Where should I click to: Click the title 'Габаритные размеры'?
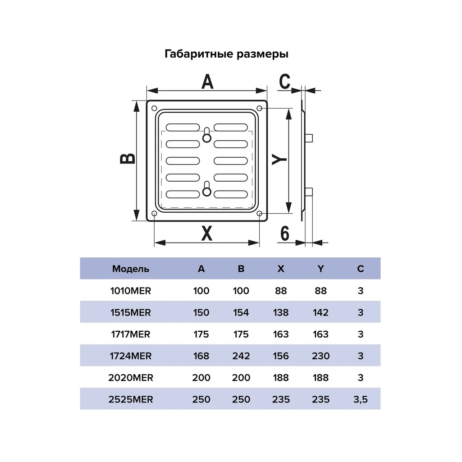[x=226, y=54]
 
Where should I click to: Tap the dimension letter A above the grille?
[x=207, y=82]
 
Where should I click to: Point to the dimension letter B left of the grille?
[x=128, y=159]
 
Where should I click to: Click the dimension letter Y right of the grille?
[x=279, y=160]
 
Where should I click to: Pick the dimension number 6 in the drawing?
[x=284, y=233]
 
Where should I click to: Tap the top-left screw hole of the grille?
[x=154, y=109]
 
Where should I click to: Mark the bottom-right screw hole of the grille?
[x=259, y=213]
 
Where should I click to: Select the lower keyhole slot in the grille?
[x=207, y=189]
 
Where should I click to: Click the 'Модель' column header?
[x=131, y=269]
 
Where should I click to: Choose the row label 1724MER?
[x=131, y=356]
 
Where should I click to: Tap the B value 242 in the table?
[x=241, y=356]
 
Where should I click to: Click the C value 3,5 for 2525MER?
[x=360, y=399]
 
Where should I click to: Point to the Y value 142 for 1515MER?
[x=320, y=313]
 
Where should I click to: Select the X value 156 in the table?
[x=281, y=356]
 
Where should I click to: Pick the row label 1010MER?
[x=131, y=291]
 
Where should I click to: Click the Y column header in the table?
[x=320, y=269]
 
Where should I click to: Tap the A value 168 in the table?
[x=201, y=356]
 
